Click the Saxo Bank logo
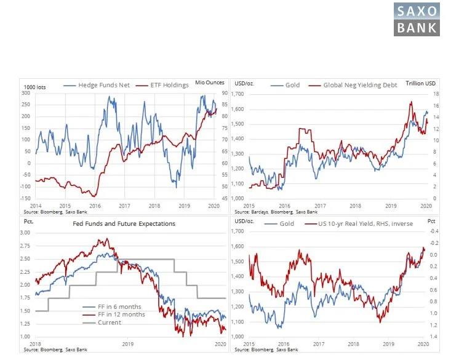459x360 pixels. pyautogui.click(x=416, y=19)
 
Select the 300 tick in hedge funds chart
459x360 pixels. pyautogui.click(x=27, y=92)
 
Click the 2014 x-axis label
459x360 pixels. pyautogui.click(x=36, y=204)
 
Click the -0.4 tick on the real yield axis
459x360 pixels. pyautogui.click(x=433, y=231)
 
